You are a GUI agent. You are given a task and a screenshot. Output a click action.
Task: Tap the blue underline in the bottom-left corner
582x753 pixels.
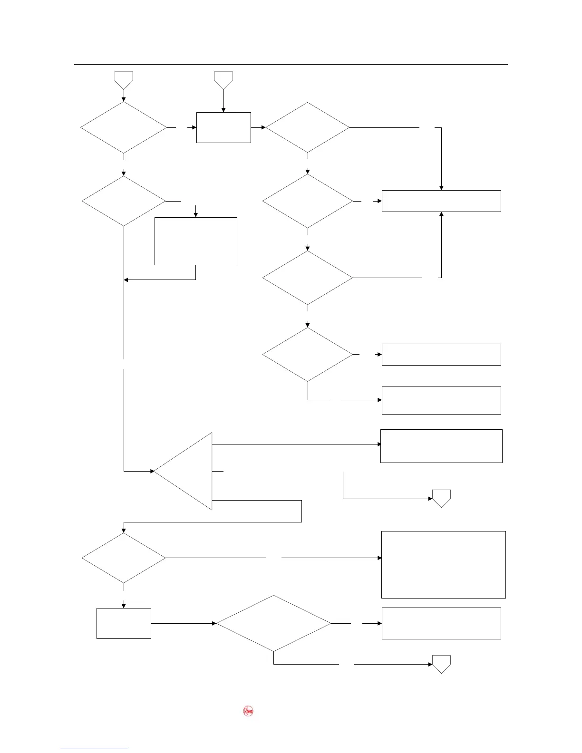click(x=94, y=749)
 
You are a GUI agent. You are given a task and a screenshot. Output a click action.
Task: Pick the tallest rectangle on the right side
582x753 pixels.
click(x=443, y=564)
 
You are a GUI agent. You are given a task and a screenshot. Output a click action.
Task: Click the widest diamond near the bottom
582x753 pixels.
click(x=274, y=623)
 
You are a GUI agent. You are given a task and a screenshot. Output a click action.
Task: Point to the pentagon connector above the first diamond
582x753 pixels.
click(x=124, y=79)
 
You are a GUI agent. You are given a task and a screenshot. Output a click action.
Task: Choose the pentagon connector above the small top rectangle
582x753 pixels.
click(x=223, y=79)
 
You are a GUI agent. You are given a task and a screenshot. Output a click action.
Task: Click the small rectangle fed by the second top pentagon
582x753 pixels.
click(x=223, y=127)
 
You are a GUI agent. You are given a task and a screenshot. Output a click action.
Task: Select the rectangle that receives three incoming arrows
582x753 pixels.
click(x=441, y=201)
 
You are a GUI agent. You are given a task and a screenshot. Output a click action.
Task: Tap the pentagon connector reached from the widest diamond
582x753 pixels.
click(x=441, y=664)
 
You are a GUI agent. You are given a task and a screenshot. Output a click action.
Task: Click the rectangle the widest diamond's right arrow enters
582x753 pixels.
click(x=441, y=623)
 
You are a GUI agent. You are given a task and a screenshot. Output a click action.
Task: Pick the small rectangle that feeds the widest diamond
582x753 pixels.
click(x=124, y=623)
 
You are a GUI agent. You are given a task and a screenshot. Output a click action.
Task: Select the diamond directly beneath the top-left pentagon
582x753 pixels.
click(x=124, y=127)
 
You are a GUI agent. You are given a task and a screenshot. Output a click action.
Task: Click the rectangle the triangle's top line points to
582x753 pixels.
click(x=441, y=446)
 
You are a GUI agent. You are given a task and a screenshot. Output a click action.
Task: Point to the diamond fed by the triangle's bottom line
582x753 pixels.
click(x=124, y=558)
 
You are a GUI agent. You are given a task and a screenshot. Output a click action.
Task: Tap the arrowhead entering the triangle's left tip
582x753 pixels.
click(x=152, y=471)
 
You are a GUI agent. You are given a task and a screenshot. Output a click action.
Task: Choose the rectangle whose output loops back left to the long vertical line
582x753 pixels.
click(x=196, y=241)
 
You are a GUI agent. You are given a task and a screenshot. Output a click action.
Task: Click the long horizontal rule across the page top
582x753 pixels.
click(x=291, y=64)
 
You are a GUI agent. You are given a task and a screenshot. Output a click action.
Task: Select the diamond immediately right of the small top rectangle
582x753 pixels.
click(x=308, y=127)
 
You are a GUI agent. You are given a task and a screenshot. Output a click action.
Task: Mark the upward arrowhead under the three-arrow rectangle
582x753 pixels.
click(x=441, y=215)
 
